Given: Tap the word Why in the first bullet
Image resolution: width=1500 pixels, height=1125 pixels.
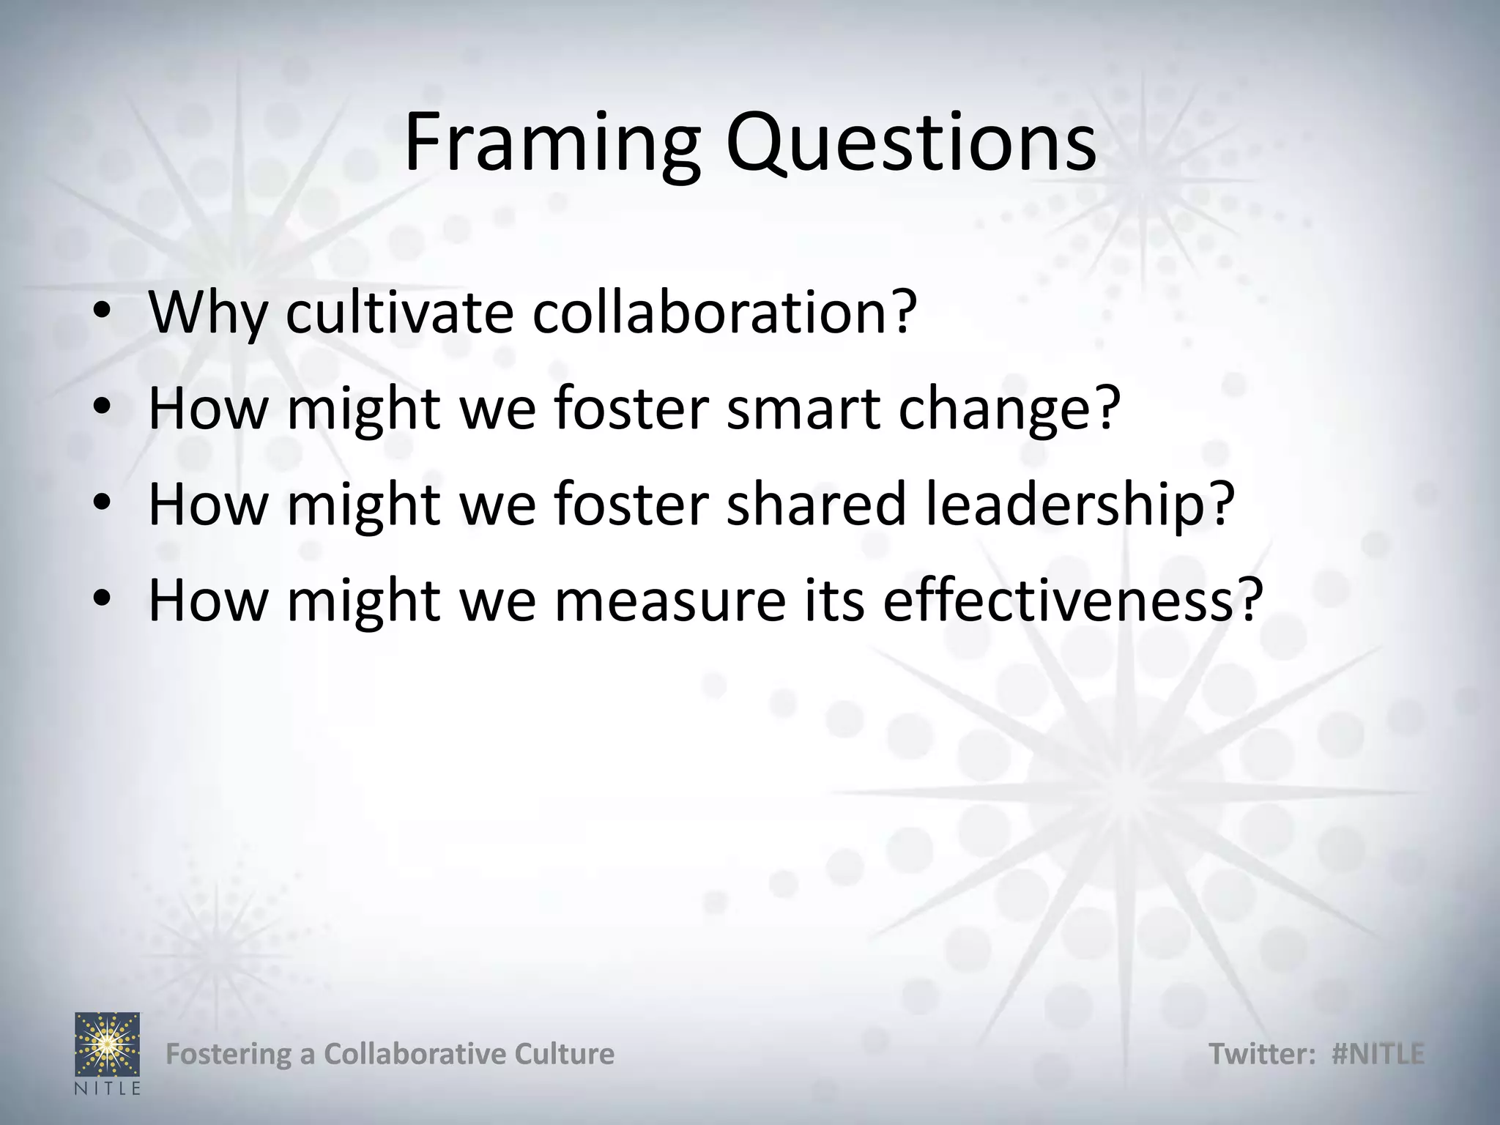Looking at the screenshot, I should [x=208, y=313].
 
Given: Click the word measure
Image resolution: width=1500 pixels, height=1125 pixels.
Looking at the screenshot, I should [x=669, y=601].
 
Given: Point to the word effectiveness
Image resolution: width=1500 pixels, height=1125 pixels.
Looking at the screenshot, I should [x=1073, y=600].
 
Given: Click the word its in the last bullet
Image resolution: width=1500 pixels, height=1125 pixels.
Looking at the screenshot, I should [x=834, y=600].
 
